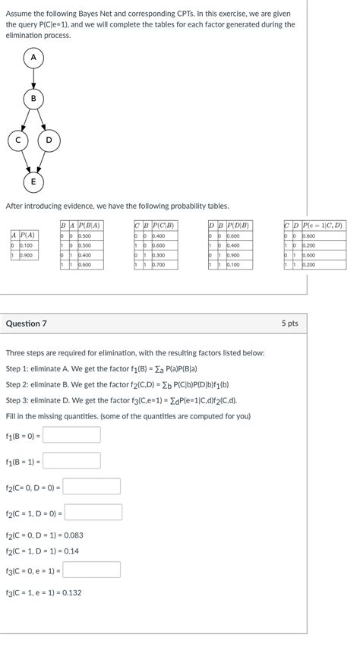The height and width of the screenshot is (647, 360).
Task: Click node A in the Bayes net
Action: [x=33, y=58]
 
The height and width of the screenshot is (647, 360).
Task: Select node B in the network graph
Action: [x=33, y=99]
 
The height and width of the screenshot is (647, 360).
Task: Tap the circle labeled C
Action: [x=16, y=140]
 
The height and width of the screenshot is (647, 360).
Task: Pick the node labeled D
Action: [x=49, y=140]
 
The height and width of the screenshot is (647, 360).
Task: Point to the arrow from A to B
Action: [x=33, y=78]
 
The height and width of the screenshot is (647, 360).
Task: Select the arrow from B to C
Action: [x=24, y=119]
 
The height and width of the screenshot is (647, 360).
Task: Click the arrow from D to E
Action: [x=42, y=160]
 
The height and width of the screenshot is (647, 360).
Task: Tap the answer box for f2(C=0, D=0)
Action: [x=92, y=487]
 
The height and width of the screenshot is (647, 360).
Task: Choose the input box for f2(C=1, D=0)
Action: [x=93, y=513]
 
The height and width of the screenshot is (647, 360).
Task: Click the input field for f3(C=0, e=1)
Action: [x=92, y=570]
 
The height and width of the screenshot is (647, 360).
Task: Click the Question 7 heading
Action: [x=27, y=323]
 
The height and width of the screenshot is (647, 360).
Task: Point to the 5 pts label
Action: [x=289, y=323]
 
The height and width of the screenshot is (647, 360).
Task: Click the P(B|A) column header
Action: [x=90, y=226]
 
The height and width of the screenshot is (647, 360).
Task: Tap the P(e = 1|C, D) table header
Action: [x=323, y=226]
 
